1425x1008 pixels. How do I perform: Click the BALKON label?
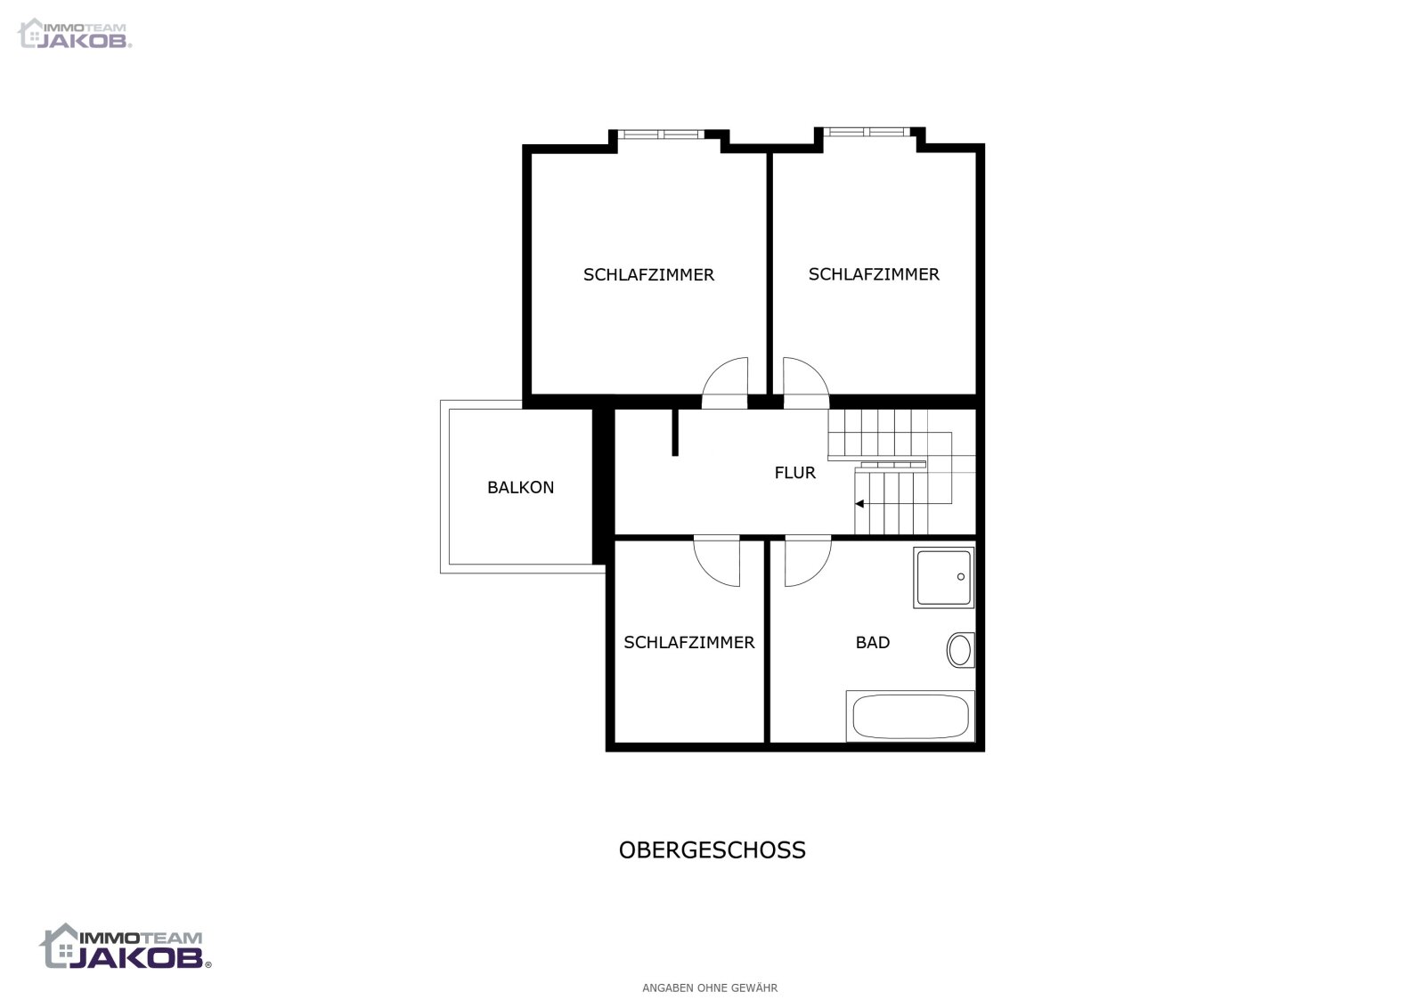click(x=520, y=488)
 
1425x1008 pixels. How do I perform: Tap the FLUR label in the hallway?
click(x=794, y=473)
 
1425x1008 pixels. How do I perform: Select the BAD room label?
click(x=872, y=642)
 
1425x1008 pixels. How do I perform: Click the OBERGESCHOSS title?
click(x=712, y=849)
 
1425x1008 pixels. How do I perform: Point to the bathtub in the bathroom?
click(x=910, y=716)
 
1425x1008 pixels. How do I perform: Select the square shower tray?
click(x=943, y=577)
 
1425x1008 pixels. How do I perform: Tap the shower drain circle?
click(x=961, y=577)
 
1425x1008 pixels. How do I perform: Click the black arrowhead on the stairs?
click(x=859, y=504)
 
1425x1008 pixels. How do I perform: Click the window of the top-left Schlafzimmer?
click(x=661, y=134)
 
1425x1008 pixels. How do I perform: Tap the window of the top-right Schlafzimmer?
click(x=867, y=132)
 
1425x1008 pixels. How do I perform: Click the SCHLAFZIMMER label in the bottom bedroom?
click(x=689, y=642)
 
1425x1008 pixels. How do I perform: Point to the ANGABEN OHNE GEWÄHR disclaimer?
click(x=710, y=988)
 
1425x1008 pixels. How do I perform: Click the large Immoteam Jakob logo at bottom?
click(x=126, y=947)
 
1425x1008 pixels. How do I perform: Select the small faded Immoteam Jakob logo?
click(x=75, y=33)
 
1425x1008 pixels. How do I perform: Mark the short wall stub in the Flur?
click(x=675, y=433)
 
